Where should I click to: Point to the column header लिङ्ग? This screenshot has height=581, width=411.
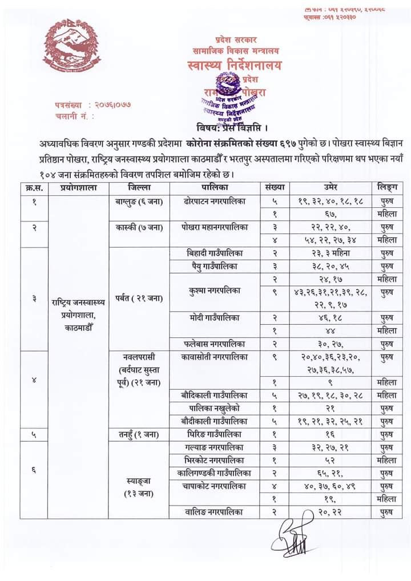[x=386, y=187]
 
